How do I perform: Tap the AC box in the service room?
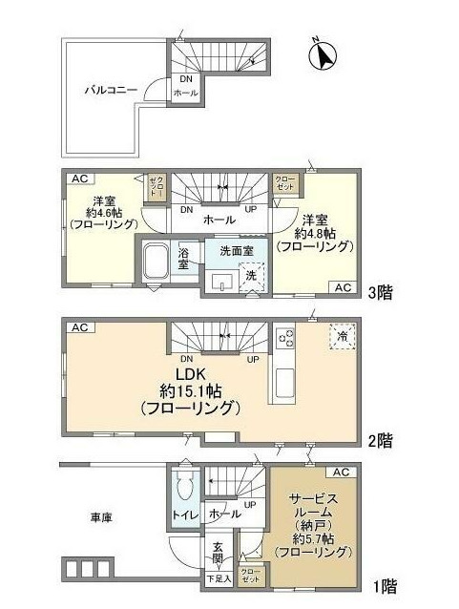coord(342,472)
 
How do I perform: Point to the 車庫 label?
coord(101,518)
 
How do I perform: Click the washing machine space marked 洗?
coord(249,273)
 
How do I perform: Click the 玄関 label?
coord(218,553)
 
